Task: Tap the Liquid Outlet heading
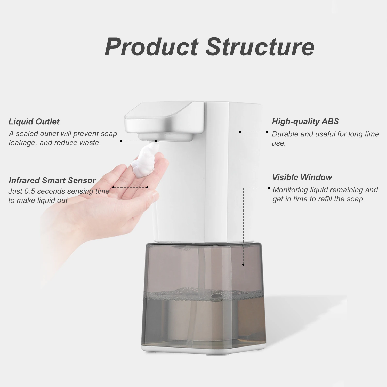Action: coord(34,122)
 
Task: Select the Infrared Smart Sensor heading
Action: coord(52,180)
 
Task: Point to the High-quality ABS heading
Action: coord(305,121)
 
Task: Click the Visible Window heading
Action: coord(302,177)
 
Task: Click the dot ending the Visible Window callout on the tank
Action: coord(243,264)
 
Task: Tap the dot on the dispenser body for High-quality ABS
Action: coord(240,132)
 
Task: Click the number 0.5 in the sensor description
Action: coord(29,191)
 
